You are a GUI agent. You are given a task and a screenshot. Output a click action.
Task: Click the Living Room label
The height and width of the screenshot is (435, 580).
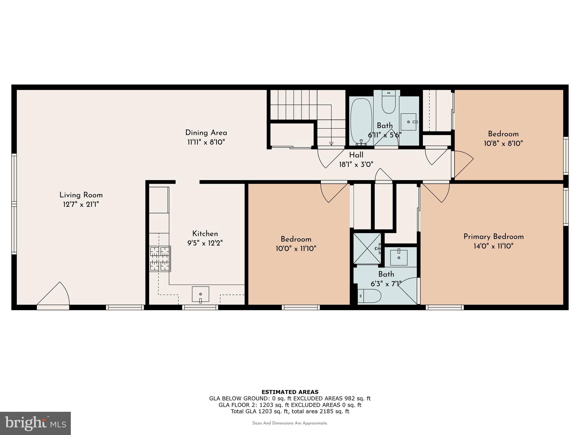coord(81,195)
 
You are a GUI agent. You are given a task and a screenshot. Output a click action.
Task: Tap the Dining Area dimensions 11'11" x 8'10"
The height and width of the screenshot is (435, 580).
coord(206,142)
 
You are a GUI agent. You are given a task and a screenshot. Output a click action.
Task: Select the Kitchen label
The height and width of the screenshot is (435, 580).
coord(205,234)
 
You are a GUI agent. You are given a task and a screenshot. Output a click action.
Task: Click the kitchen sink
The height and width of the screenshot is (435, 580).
coord(201,294)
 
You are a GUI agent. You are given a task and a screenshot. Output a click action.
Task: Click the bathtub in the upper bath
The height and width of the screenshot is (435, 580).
coord(361,121)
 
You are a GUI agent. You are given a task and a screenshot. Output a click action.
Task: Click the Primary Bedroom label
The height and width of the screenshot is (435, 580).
coord(493,236)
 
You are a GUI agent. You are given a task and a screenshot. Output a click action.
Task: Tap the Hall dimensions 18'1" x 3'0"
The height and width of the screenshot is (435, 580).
coord(356,164)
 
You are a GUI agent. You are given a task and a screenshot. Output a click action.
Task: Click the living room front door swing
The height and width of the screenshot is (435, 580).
coord(54,295)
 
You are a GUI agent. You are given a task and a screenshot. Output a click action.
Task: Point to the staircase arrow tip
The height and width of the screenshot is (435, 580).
coord(331,144)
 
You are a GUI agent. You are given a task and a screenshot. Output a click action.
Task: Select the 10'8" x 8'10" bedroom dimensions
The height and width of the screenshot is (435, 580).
coord(503,143)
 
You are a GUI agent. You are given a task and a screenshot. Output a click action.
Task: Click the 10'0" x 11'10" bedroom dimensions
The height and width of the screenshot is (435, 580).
coord(296,249)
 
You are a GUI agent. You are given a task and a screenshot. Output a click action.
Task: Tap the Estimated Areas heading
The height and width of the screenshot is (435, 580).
coord(290,392)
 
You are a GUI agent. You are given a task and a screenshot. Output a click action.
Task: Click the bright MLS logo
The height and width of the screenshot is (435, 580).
coord(35,423)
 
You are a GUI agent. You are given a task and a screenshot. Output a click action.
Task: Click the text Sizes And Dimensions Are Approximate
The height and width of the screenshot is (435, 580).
coord(290,423)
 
